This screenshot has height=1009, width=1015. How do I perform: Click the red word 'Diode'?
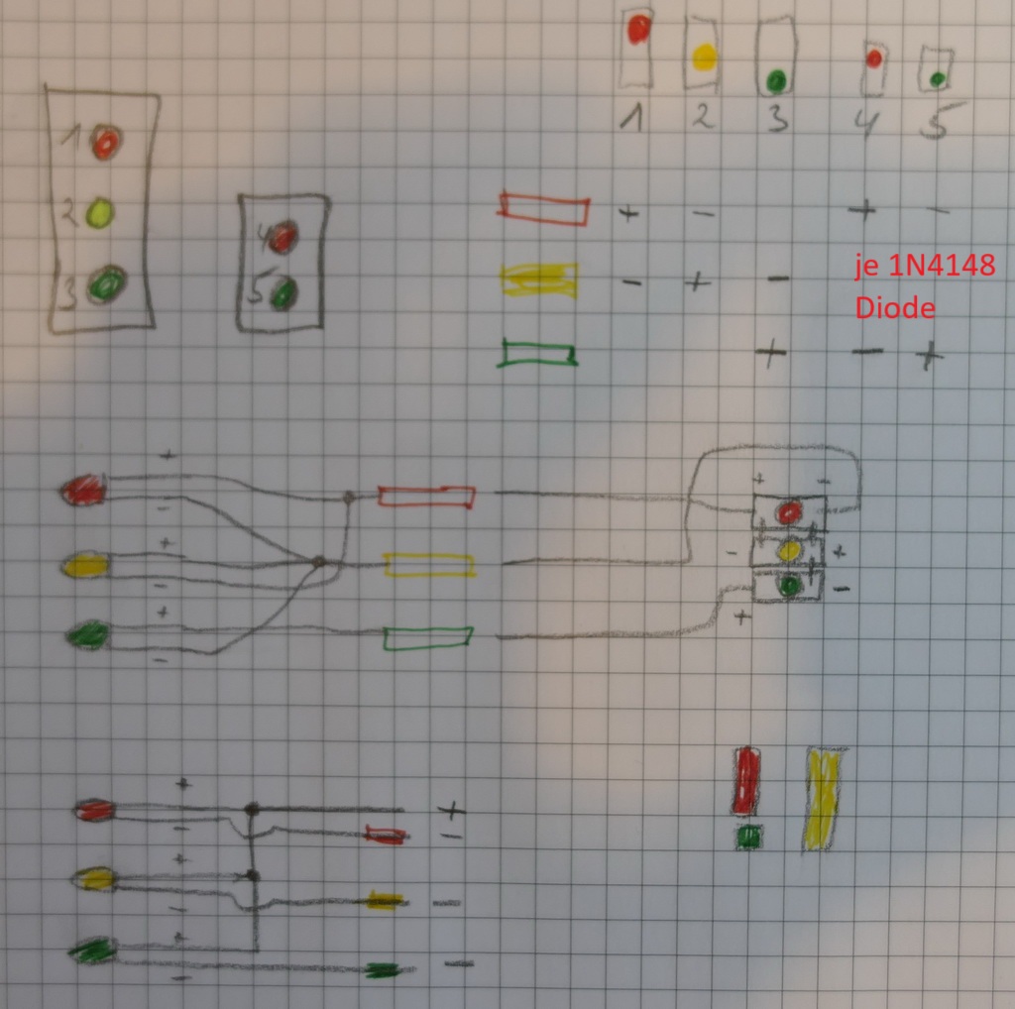(x=895, y=308)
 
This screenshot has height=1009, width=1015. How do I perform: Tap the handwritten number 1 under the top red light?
(x=631, y=119)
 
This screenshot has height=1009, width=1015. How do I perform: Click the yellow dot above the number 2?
(x=704, y=57)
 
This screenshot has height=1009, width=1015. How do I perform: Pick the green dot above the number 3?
(x=776, y=78)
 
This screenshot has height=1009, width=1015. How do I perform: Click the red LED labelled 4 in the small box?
(x=282, y=237)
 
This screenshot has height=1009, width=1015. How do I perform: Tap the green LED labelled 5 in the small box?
(x=284, y=292)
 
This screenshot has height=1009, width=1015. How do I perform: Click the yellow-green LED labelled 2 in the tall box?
(x=100, y=213)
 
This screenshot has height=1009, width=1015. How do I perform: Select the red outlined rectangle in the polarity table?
(x=544, y=208)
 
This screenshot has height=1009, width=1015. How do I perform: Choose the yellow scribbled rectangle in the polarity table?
(x=540, y=280)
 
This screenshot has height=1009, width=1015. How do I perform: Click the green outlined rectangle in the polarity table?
(x=538, y=354)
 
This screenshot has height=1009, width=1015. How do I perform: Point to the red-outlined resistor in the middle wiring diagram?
(x=425, y=497)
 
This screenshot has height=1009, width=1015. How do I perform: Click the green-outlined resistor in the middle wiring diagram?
(x=427, y=637)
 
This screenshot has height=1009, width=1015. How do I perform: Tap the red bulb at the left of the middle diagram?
(x=83, y=490)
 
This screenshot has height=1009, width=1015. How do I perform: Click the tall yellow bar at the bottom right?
(x=823, y=799)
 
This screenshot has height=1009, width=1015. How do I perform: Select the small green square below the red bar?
(x=748, y=838)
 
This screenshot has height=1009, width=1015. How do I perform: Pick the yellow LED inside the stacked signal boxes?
(x=789, y=549)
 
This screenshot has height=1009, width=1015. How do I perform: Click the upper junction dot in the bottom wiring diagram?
(x=252, y=809)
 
